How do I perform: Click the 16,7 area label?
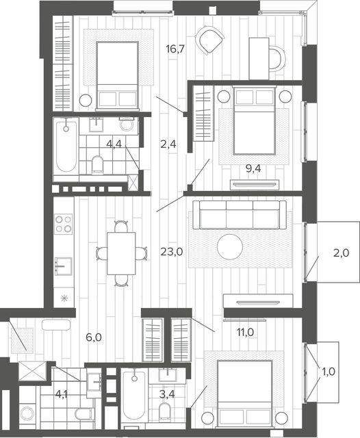[x=175, y=49]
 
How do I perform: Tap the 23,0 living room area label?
[x=172, y=252]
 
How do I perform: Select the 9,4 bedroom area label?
[x=253, y=169]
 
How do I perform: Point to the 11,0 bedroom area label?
[x=245, y=333]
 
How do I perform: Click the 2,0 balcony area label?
[x=342, y=253]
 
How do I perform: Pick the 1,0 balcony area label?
[x=329, y=372]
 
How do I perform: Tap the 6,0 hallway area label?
[x=94, y=337]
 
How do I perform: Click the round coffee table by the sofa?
[x=230, y=247]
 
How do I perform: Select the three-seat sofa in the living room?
[x=240, y=215]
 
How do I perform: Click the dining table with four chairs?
[x=121, y=253]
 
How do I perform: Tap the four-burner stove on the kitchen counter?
[x=64, y=224]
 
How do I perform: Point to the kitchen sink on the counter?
[x=63, y=266]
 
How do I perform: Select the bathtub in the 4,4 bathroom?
[x=66, y=146]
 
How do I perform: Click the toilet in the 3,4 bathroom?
[x=165, y=411]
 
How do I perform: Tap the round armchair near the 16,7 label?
[x=209, y=40]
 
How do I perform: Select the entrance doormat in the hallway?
[x=22, y=340]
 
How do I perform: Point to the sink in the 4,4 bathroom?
[x=96, y=125]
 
